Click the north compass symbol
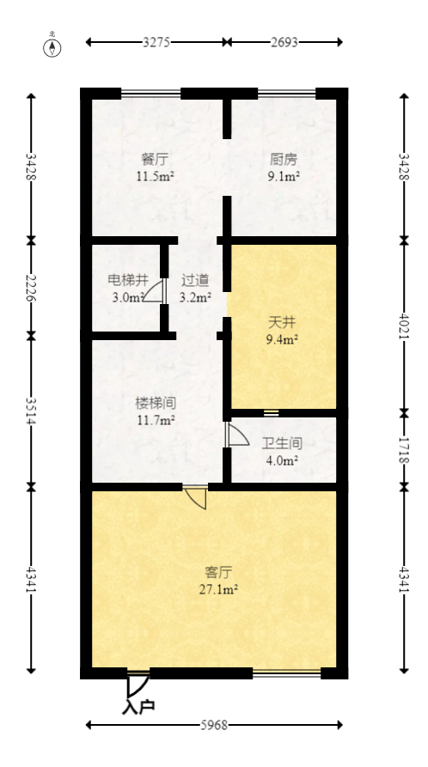(52, 46)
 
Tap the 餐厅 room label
(155, 159)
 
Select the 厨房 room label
(283, 159)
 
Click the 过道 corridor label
(194, 280)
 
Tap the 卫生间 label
(282, 443)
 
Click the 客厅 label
(220, 571)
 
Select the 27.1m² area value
(221, 589)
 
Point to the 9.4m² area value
(283, 339)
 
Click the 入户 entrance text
(138, 707)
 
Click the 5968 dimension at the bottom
(214, 725)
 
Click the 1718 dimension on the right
(404, 449)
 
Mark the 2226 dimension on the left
(31, 286)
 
